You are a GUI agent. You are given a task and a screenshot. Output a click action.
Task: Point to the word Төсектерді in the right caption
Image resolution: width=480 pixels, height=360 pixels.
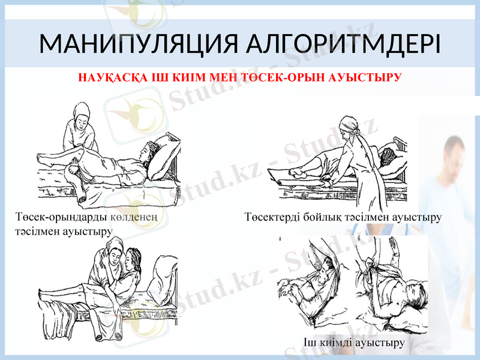pos(270,217)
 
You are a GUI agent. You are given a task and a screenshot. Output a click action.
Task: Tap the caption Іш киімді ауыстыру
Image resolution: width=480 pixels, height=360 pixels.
pos(353,343)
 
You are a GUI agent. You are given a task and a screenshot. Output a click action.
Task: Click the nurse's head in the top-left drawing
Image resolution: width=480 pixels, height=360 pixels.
pos(80,113)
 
